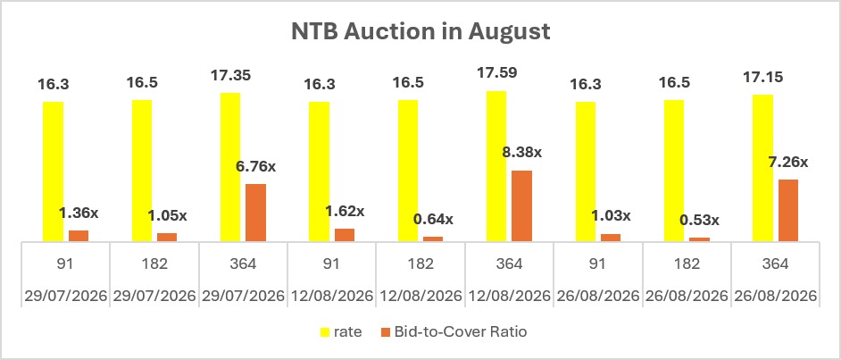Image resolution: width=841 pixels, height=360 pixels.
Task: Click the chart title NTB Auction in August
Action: click(420, 31)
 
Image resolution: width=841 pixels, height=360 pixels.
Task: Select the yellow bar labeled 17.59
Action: click(496, 166)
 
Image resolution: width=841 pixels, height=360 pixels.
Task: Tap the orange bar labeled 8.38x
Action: click(521, 206)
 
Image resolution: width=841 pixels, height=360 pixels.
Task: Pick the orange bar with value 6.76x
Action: click(256, 213)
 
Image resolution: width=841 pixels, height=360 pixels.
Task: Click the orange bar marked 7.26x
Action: click(788, 210)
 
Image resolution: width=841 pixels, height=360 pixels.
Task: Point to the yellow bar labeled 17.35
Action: click(230, 167)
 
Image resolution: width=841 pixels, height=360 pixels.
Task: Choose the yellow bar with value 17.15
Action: click(762, 168)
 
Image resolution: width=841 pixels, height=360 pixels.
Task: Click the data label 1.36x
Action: click(79, 213)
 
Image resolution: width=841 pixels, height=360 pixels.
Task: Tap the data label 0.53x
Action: click(700, 221)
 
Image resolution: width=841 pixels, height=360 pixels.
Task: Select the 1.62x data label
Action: click(345, 212)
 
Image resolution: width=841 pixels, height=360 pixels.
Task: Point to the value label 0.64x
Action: click(433, 219)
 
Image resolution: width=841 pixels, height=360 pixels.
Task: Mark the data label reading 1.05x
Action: click(167, 216)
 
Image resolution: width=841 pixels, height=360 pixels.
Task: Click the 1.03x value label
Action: click(611, 216)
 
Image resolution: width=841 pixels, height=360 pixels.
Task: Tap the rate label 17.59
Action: click(496, 71)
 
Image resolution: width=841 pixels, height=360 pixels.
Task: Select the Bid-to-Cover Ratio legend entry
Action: click(454, 332)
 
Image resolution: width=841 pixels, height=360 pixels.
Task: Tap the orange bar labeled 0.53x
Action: click(699, 239)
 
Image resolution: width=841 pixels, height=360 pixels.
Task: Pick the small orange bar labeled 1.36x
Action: click(79, 236)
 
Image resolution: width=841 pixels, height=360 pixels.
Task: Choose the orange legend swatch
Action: click(385, 332)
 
